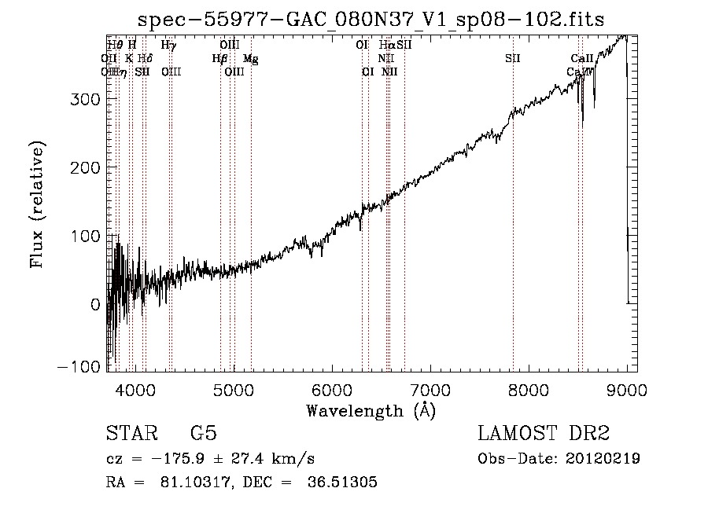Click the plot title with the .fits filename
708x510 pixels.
371,20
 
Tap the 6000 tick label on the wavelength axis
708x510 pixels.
332,389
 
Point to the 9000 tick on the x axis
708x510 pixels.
626,389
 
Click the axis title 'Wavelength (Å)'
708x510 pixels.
371,410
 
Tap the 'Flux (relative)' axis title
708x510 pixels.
37,204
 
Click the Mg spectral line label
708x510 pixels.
250,58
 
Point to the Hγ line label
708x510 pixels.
168,46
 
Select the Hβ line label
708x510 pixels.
219,58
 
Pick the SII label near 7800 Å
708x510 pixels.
513,58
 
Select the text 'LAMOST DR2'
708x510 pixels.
544,434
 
